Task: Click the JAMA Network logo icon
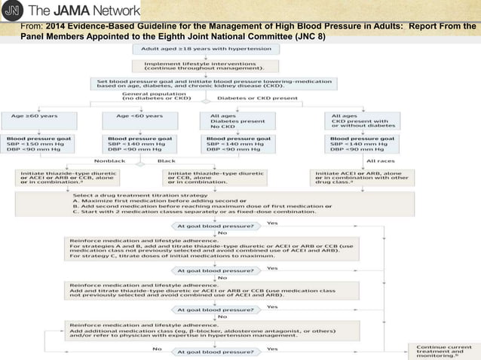tap(14, 11)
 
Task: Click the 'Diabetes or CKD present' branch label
tap(252, 97)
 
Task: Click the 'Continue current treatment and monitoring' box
tap(435, 350)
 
